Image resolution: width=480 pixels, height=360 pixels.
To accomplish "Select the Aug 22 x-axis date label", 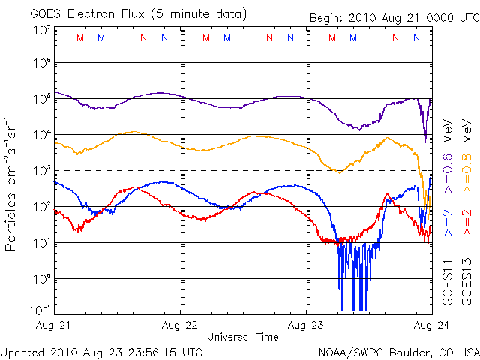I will point(181,326).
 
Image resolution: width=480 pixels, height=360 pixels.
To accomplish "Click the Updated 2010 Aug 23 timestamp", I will point(101,351).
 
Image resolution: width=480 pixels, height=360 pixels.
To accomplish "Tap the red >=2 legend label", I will point(467,224).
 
